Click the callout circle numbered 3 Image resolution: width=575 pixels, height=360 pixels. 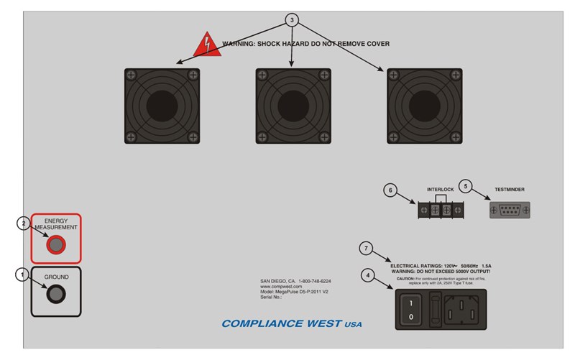(x=291, y=20)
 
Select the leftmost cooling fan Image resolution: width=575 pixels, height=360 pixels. (x=162, y=106)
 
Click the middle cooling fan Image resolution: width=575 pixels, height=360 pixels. (x=293, y=106)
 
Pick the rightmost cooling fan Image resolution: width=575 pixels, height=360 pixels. (x=424, y=106)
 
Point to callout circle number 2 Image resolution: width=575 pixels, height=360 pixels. (x=22, y=223)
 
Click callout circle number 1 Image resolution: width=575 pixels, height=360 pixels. (x=22, y=274)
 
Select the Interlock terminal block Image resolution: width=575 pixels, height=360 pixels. (x=439, y=210)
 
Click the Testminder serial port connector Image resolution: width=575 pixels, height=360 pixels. (x=510, y=210)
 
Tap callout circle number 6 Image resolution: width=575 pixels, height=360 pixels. (x=390, y=190)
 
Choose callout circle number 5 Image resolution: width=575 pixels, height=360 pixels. (x=465, y=185)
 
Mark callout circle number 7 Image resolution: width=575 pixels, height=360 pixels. (x=367, y=249)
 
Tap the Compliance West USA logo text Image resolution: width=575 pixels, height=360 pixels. (x=291, y=324)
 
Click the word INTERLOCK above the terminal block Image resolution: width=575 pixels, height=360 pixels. (x=440, y=190)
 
